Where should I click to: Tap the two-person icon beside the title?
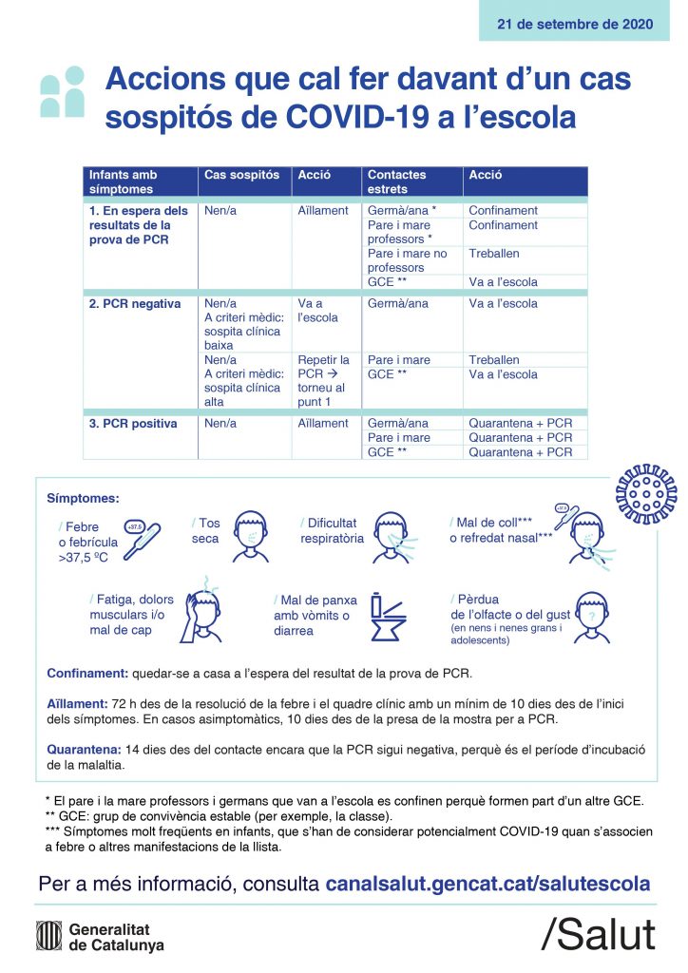click(x=63, y=91)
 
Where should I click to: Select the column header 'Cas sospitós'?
click(x=242, y=176)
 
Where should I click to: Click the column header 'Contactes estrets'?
click(x=397, y=181)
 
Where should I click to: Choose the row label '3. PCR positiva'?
click(x=133, y=424)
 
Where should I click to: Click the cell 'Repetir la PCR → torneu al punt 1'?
click(x=324, y=381)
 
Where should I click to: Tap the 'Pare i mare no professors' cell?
click(x=408, y=260)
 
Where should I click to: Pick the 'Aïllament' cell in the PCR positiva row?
click(x=323, y=424)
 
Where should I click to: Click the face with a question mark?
click(x=591, y=619)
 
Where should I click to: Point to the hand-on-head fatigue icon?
click(x=206, y=613)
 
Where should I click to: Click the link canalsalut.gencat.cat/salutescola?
click(x=487, y=884)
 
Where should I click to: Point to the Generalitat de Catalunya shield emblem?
click(x=48, y=936)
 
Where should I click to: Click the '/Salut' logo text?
click(x=598, y=935)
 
